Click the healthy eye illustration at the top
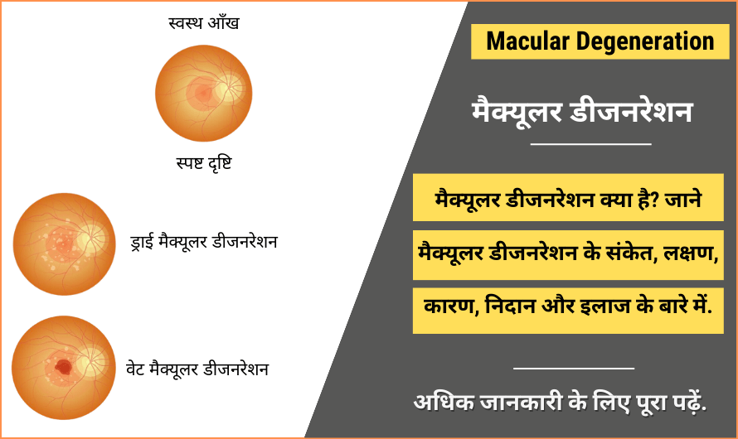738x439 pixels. pos(203,92)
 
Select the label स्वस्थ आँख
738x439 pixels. pos(203,22)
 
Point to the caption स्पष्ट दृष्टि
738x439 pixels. pos(203,162)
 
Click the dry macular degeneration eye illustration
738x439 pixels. pos(63,244)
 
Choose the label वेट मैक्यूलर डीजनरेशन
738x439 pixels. pos(199,367)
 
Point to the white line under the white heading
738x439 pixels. pos(590,144)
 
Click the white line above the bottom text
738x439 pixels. pos(573,367)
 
